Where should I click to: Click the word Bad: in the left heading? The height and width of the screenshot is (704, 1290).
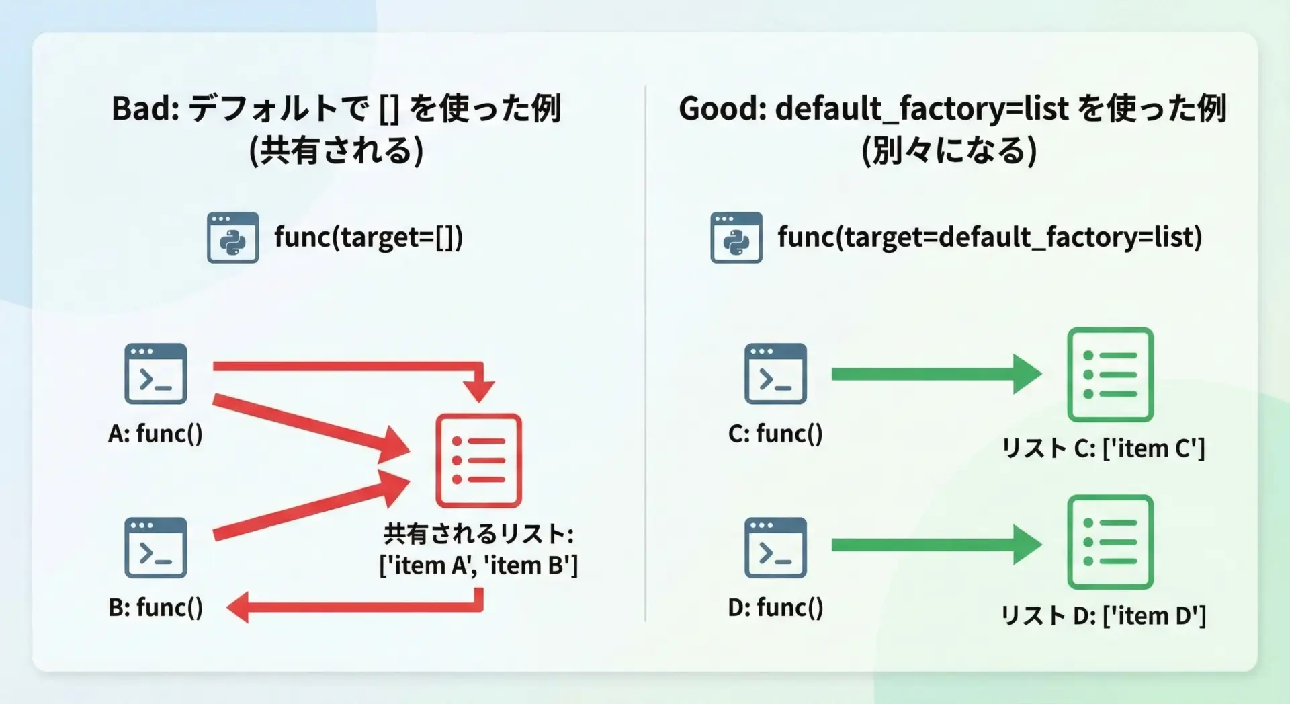point(145,108)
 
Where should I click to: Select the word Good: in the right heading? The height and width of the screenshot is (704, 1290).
point(722,108)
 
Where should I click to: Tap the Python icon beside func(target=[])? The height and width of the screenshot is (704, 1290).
point(232,237)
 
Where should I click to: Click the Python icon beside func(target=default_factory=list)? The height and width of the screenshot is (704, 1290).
point(736,237)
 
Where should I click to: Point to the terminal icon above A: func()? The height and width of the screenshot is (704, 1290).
point(156,374)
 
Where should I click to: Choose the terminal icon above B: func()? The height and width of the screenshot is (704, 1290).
point(156,547)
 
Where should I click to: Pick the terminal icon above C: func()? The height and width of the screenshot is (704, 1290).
point(775,374)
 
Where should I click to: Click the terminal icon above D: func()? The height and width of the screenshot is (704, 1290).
point(775,547)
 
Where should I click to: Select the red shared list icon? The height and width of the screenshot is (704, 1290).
point(478,460)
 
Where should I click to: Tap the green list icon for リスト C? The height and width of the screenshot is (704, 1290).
point(1110,375)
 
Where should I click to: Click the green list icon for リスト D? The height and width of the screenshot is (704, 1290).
point(1110,542)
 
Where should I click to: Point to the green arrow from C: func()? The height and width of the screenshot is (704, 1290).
point(937,374)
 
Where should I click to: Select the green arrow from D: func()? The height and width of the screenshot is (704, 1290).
point(937,545)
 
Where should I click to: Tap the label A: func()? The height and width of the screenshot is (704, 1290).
point(155,434)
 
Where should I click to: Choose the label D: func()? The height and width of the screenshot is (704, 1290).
point(775,607)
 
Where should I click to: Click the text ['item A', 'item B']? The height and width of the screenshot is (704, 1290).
point(478,565)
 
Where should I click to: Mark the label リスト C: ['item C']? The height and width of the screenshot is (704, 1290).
point(1103,448)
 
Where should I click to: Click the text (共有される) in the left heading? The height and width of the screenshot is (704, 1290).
point(336,150)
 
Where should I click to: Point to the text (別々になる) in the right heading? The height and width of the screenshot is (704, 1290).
point(949,150)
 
